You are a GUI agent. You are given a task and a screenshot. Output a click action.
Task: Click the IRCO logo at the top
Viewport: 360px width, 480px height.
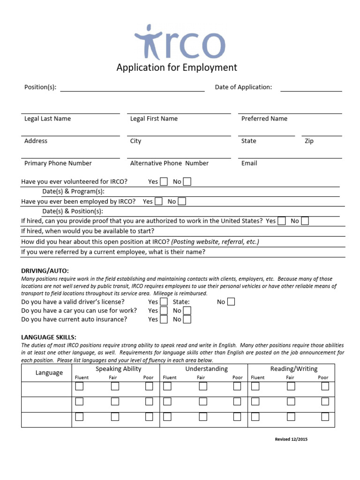point(180,42)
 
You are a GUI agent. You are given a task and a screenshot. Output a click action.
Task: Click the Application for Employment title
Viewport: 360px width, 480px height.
point(177,67)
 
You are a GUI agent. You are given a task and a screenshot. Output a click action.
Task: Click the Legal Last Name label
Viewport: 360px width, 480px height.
point(47,119)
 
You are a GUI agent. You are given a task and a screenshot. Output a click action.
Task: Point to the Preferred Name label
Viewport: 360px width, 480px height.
point(264,119)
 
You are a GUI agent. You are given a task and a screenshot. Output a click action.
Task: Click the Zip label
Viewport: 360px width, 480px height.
point(309,141)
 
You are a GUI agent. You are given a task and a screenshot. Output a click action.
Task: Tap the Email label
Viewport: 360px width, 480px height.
point(249,163)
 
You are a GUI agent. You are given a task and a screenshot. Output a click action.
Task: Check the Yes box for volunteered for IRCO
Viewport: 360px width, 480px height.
point(164,181)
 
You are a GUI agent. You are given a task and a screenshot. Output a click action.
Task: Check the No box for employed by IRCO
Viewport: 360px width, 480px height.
point(182,201)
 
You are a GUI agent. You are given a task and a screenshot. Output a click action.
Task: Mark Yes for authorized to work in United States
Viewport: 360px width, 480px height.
point(282,221)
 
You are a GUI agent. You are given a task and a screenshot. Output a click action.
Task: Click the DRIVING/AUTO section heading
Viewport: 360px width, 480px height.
point(45,270)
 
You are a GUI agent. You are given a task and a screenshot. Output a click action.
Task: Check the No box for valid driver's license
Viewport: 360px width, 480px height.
point(231,302)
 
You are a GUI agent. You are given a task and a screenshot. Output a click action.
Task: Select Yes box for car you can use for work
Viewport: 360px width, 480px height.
point(164,310)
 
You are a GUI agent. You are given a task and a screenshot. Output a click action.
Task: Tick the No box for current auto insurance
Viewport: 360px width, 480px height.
point(187,319)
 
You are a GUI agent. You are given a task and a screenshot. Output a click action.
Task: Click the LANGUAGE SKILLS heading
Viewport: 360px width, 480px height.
point(49,337)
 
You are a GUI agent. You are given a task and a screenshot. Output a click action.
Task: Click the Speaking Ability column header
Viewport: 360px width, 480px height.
point(119,369)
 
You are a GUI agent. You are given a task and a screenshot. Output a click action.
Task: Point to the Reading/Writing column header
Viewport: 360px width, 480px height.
point(293,369)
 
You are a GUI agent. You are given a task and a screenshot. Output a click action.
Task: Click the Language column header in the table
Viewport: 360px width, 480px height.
point(49,373)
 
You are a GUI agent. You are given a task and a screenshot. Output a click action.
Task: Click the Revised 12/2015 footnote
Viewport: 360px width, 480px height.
point(291,439)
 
